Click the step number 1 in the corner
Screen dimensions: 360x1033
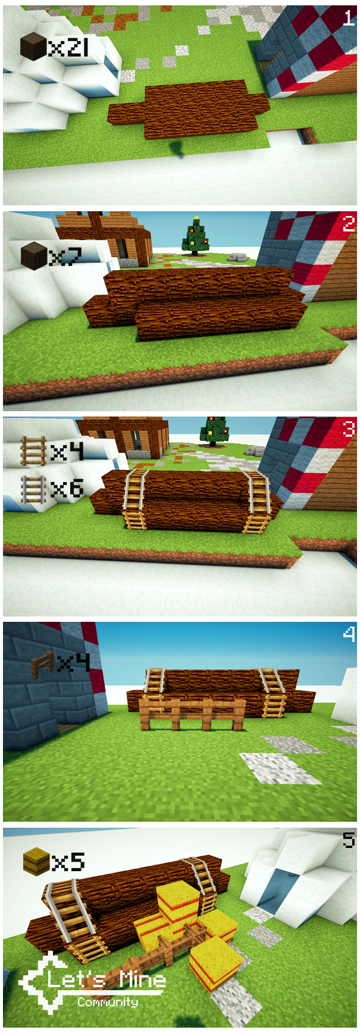(x=349, y=18)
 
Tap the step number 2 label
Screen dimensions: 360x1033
(x=349, y=224)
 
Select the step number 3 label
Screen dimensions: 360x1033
(x=349, y=428)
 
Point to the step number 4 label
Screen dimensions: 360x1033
(x=349, y=634)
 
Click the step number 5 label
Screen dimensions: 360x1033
(x=349, y=840)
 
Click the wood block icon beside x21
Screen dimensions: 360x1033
(x=33, y=47)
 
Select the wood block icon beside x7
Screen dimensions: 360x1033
(x=34, y=256)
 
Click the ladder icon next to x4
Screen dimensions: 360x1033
(x=33, y=452)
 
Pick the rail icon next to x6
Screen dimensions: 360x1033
(x=33, y=489)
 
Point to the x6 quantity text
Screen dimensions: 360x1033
(x=67, y=489)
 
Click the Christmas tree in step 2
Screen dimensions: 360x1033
(x=196, y=236)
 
